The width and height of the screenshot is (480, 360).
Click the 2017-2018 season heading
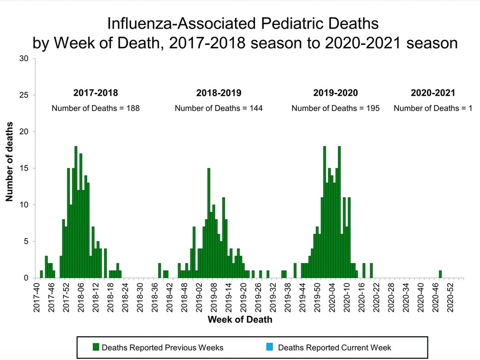[x=96, y=93]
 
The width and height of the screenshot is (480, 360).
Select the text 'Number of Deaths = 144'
[x=218, y=108]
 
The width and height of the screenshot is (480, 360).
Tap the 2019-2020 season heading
[x=335, y=93]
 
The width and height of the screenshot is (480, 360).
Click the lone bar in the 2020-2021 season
[x=440, y=274]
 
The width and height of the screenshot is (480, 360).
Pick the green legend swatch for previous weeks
[x=96, y=347]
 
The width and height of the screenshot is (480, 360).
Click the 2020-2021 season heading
[x=433, y=93]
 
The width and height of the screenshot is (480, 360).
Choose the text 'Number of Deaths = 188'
[x=96, y=108]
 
